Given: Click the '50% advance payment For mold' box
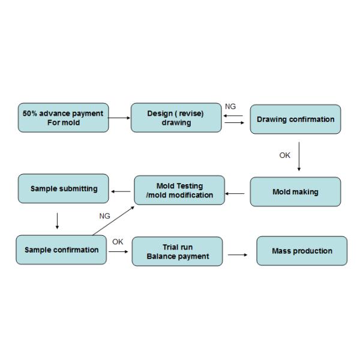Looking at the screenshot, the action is point(64,118).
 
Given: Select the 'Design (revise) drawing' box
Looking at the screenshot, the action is point(176,118).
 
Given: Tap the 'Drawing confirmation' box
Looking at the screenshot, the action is point(295,119).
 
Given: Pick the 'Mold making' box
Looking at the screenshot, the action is point(295,191).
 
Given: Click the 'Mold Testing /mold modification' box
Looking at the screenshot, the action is point(179,190).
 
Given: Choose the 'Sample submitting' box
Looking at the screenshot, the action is point(64,188).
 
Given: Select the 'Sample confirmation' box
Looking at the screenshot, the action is point(61,250).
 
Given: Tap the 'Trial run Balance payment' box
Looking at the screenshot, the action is point(177,251).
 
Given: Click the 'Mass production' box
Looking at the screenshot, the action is point(302,251).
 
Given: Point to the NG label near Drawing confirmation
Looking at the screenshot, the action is point(230,107).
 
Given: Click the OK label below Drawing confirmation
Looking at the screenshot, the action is point(284,155).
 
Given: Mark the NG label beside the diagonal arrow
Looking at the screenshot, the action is point(104,216).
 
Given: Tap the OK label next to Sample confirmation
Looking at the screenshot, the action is point(118,242).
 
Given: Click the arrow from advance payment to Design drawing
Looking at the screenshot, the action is point(119,118).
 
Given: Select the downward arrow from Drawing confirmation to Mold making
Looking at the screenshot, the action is point(299,157).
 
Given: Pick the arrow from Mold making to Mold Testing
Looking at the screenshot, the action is point(235,194).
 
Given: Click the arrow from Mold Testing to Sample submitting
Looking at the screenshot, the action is point(121,191).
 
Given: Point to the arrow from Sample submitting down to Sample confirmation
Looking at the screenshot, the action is point(57,221).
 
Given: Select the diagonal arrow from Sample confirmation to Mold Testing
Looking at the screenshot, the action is point(113,221).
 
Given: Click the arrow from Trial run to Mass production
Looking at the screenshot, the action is point(238,254).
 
